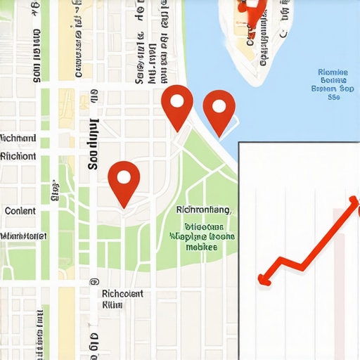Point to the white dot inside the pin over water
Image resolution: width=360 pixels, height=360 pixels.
click(219, 107)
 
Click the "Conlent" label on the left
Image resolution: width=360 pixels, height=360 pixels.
click(20, 210)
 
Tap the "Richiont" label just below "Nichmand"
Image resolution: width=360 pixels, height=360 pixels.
click(18, 156)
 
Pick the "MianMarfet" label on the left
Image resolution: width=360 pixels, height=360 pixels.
click(24, 236)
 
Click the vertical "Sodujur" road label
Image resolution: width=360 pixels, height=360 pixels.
click(92, 144)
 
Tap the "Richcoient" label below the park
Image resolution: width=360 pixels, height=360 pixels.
click(122, 293)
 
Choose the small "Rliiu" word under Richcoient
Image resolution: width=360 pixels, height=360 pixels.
click(112, 304)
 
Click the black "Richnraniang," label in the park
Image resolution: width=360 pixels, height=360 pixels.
click(204, 210)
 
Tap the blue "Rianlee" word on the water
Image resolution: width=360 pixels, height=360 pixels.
click(333, 72)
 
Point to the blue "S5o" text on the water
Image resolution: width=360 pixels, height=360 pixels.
click(333, 98)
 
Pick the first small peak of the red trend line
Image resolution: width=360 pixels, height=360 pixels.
click(281, 260)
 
